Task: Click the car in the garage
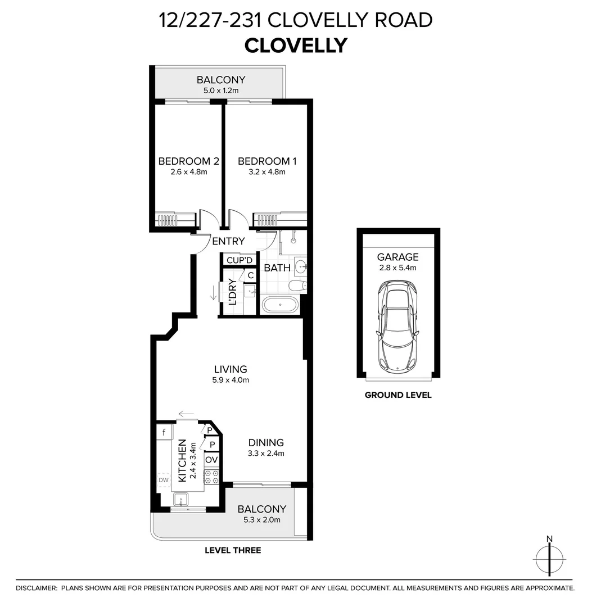398,327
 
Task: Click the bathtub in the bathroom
280,305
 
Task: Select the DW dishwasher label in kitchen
164,480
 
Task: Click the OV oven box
211,460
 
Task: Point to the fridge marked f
164,432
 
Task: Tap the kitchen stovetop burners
211,477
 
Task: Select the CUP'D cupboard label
239,260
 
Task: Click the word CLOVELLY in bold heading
296,46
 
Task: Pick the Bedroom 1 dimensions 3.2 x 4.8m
267,172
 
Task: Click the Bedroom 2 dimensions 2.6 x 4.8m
189,172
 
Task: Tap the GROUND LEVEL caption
398,395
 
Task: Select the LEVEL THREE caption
233,550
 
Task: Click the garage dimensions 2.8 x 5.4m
398,268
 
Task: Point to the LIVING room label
231,369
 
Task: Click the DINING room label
266,443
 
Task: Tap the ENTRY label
228,241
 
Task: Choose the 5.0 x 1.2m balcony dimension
221,90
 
